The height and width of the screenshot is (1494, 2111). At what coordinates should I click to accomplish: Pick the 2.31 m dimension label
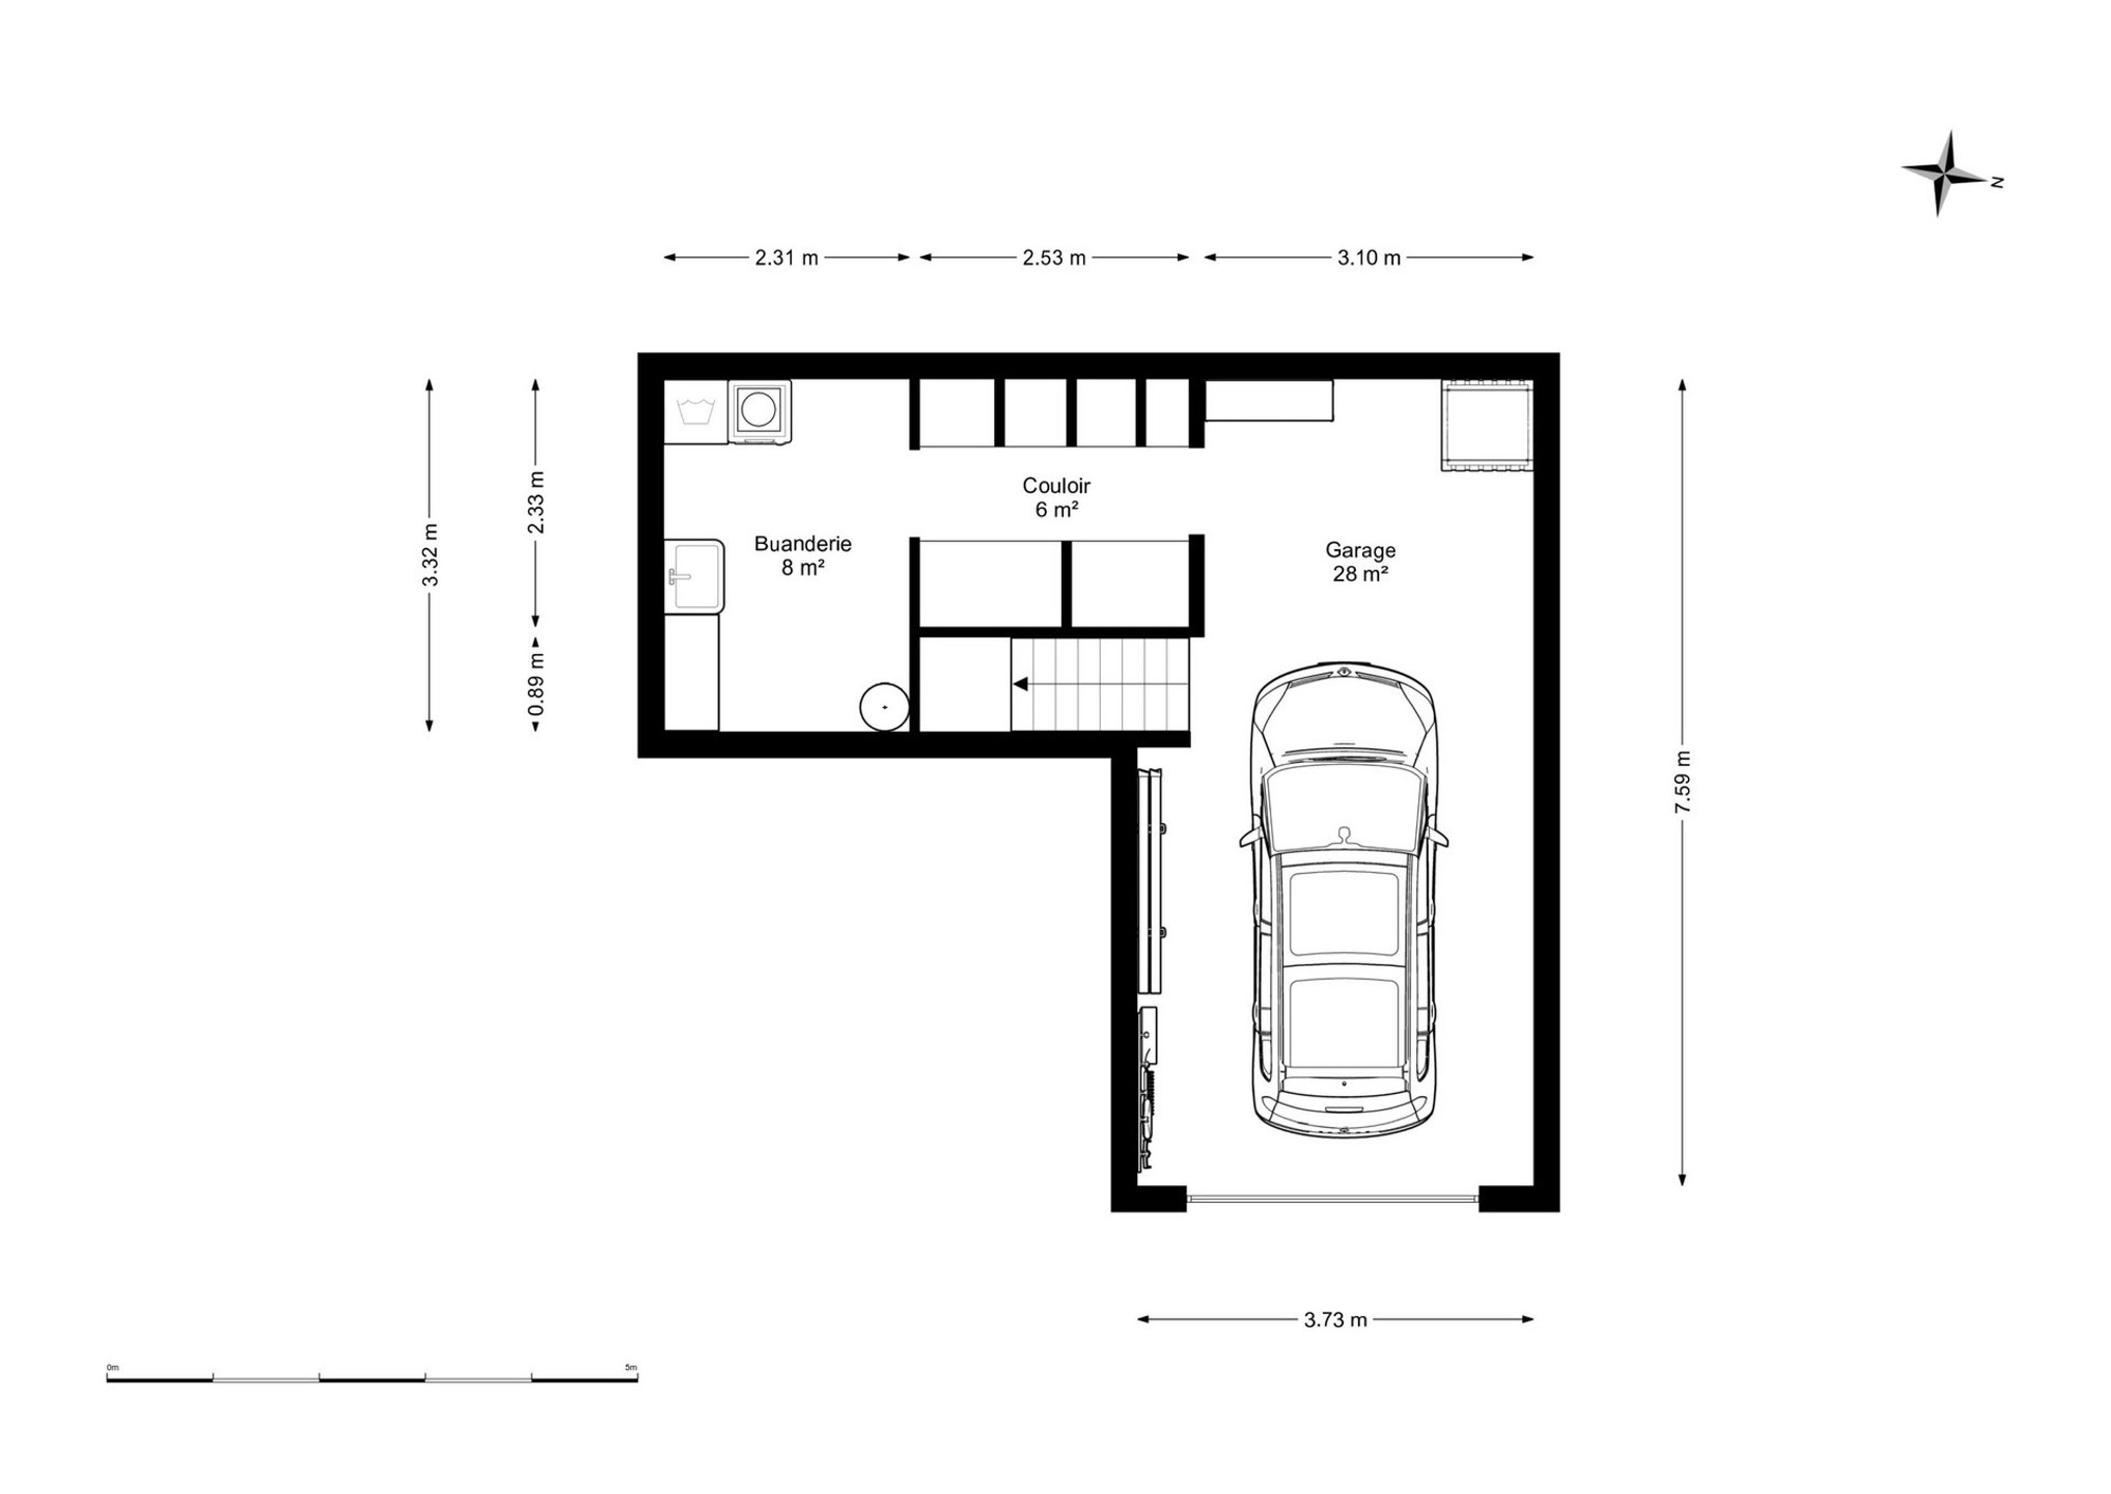pos(787,257)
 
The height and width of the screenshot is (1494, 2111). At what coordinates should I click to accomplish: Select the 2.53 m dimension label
pos(1054,257)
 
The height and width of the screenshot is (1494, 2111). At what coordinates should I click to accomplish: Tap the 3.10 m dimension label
pos(1369,257)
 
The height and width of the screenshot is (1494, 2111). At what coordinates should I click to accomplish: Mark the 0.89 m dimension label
pos(536,683)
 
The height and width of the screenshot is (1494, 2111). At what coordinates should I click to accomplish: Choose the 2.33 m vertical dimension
pos(536,502)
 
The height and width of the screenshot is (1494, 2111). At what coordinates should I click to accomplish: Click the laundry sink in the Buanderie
pos(694,575)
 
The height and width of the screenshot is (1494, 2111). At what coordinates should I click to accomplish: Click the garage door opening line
pos(1333,1198)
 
